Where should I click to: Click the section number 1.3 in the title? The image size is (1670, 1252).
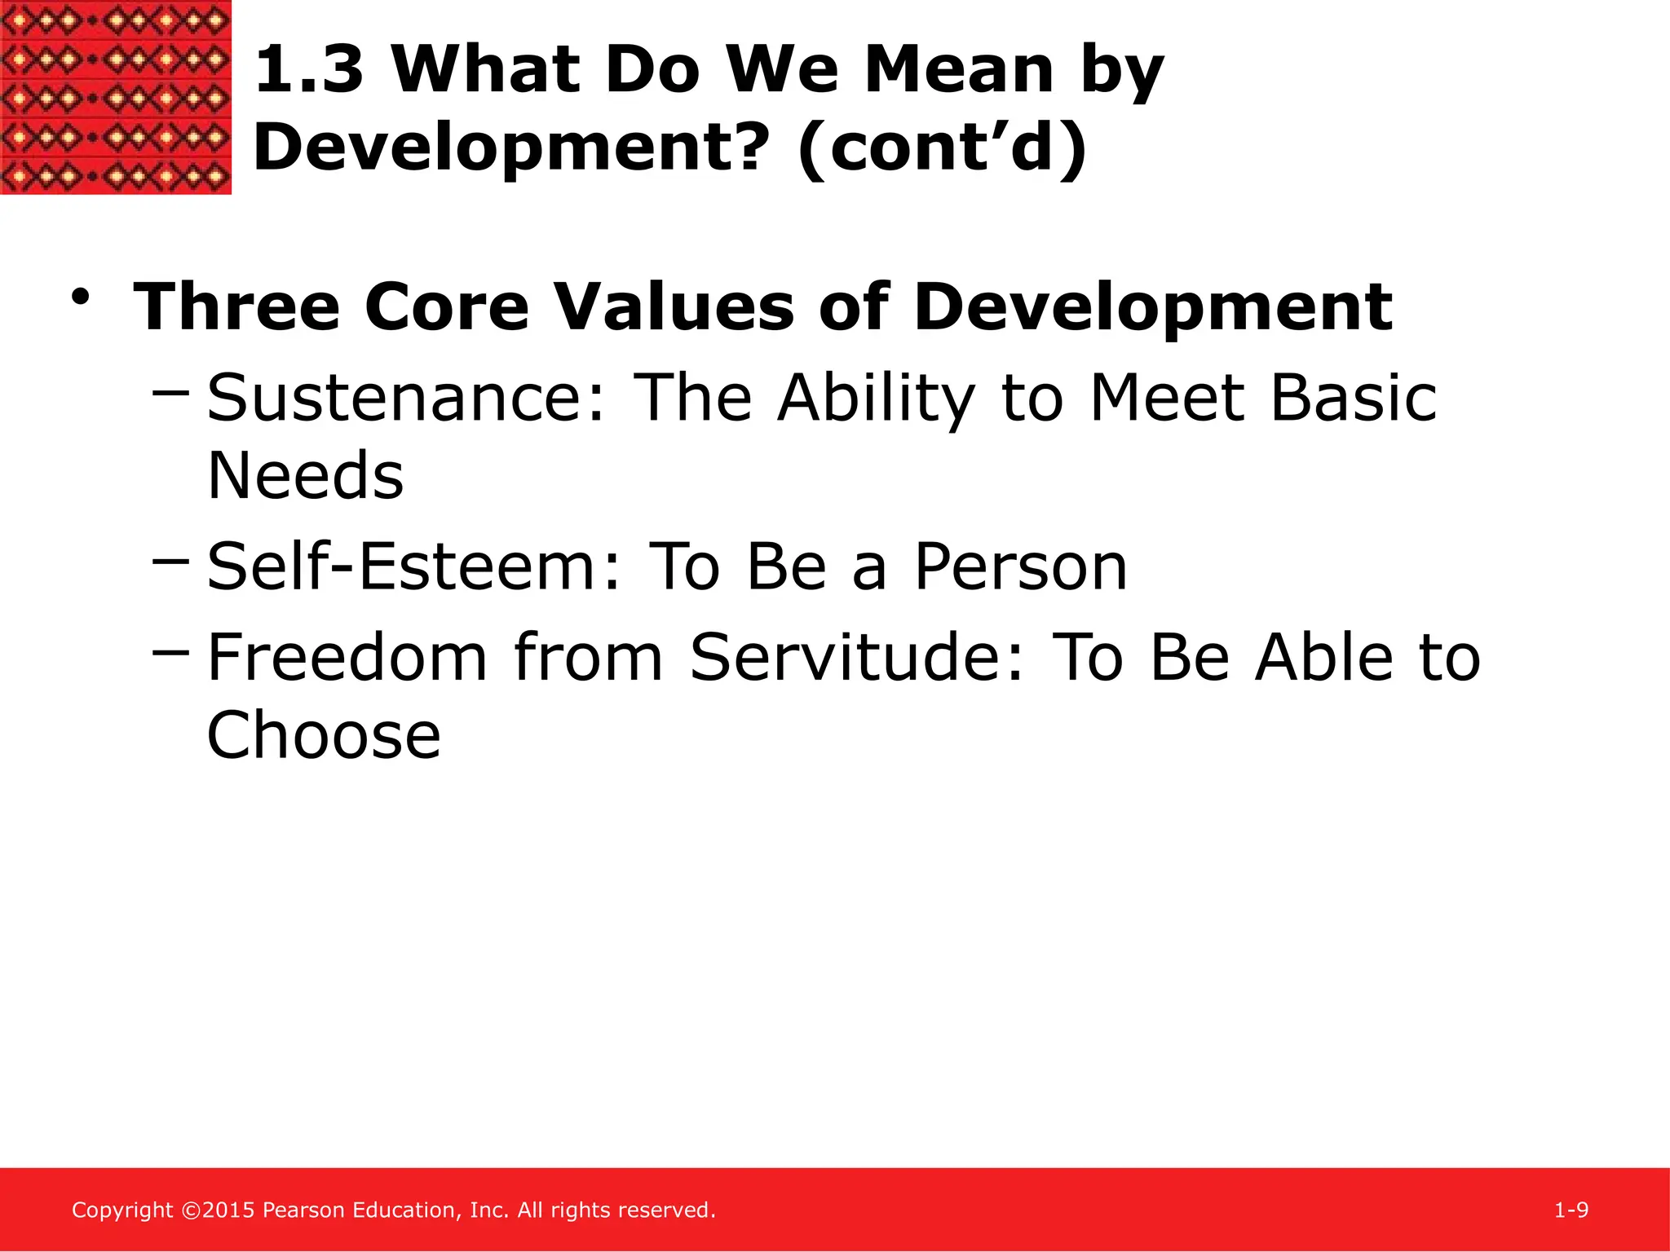309,70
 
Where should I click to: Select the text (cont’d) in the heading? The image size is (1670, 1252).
942,148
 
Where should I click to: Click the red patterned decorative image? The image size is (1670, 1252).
115,97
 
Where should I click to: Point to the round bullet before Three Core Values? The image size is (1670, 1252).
80,297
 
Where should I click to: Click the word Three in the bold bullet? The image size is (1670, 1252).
236,308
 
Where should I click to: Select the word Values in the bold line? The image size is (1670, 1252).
673,308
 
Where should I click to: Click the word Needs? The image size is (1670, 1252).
305,476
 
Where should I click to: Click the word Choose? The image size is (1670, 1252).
324,735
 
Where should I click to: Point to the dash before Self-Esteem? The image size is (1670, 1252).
170,561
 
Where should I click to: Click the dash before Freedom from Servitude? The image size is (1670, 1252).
170,651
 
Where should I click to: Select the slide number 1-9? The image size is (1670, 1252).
1571,1210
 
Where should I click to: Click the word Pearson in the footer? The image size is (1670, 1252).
303,1210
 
